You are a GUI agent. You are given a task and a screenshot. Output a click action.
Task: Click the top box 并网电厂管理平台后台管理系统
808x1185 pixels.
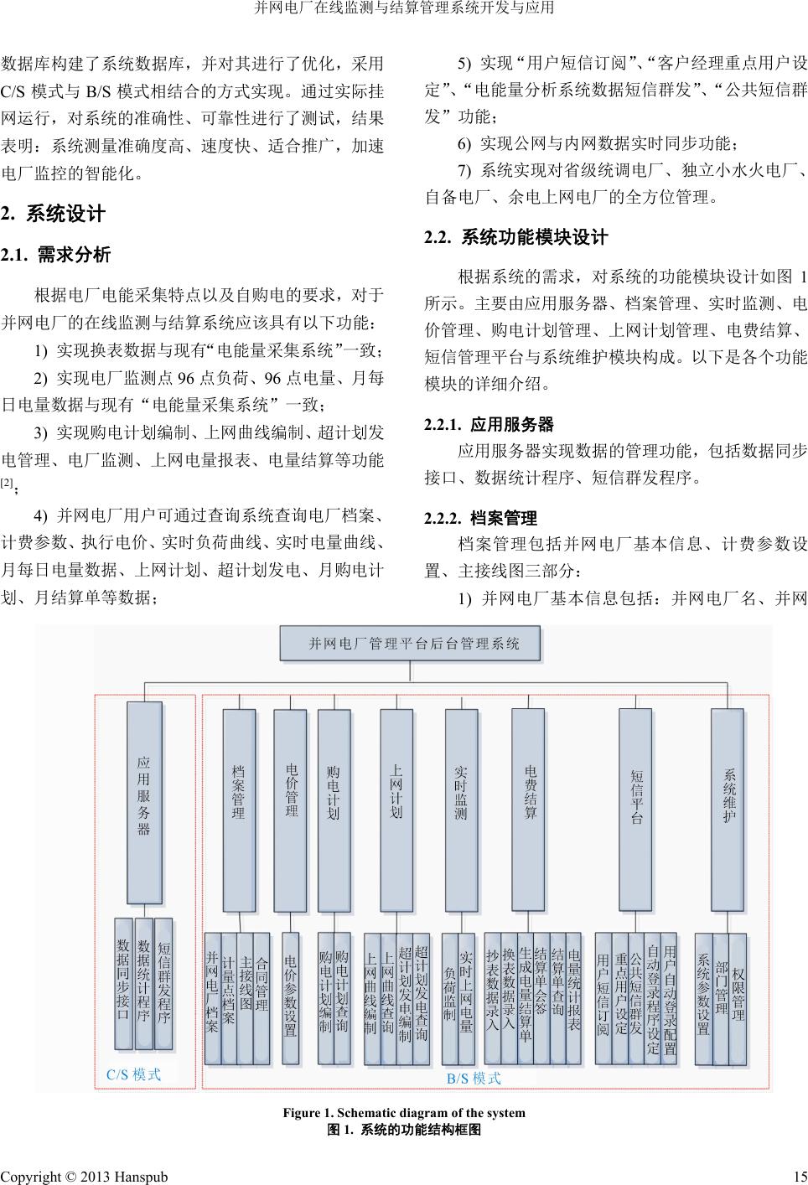(410, 644)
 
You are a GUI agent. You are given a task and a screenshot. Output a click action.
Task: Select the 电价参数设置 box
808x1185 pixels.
(291, 998)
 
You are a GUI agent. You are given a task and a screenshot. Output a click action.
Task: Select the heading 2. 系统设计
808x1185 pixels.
(53, 215)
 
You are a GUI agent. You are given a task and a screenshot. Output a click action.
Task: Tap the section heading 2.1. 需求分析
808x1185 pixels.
(55, 255)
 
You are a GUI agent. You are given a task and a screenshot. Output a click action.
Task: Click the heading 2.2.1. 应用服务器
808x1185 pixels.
(489, 424)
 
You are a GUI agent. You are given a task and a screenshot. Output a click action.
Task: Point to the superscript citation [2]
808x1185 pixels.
(7, 482)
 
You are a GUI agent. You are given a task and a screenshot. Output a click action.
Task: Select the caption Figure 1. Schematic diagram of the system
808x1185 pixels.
(404, 1113)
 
